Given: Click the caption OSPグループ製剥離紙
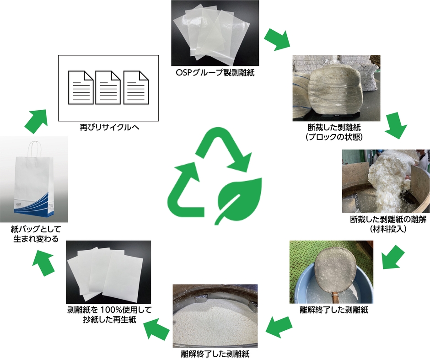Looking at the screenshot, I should point(215,73).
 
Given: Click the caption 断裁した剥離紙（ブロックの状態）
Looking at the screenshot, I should point(336,131).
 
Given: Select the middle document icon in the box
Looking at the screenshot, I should point(107,87).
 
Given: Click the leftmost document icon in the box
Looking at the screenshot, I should point(80,87).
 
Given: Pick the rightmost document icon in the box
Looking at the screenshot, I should point(136,87).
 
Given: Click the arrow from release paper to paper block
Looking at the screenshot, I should point(277,39).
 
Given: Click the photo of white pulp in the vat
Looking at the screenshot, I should point(215,316).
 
